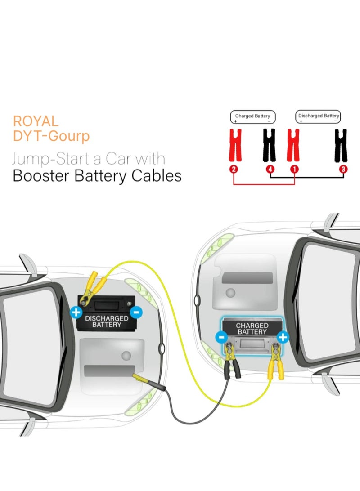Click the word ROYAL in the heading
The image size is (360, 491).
click(x=36, y=121)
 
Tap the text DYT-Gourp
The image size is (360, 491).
click(x=51, y=136)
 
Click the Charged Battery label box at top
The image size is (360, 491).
click(x=252, y=117)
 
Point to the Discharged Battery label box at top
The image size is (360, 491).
click(x=318, y=117)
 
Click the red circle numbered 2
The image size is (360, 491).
click(x=233, y=170)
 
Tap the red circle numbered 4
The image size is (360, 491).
click(x=270, y=170)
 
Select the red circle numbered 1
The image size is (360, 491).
click(x=294, y=170)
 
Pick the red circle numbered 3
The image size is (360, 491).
click(x=343, y=170)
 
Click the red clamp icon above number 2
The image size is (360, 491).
click(x=235, y=145)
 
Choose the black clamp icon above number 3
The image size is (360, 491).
click(x=341, y=145)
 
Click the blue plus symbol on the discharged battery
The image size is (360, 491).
click(x=76, y=312)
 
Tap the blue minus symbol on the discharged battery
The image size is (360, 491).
click(x=136, y=312)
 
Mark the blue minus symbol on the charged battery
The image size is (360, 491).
click(x=221, y=337)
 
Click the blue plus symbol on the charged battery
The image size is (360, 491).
click(x=283, y=337)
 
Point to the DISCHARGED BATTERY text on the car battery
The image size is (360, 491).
click(x=106, y=321)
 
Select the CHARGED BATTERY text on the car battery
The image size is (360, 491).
click(x=252, y=328)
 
